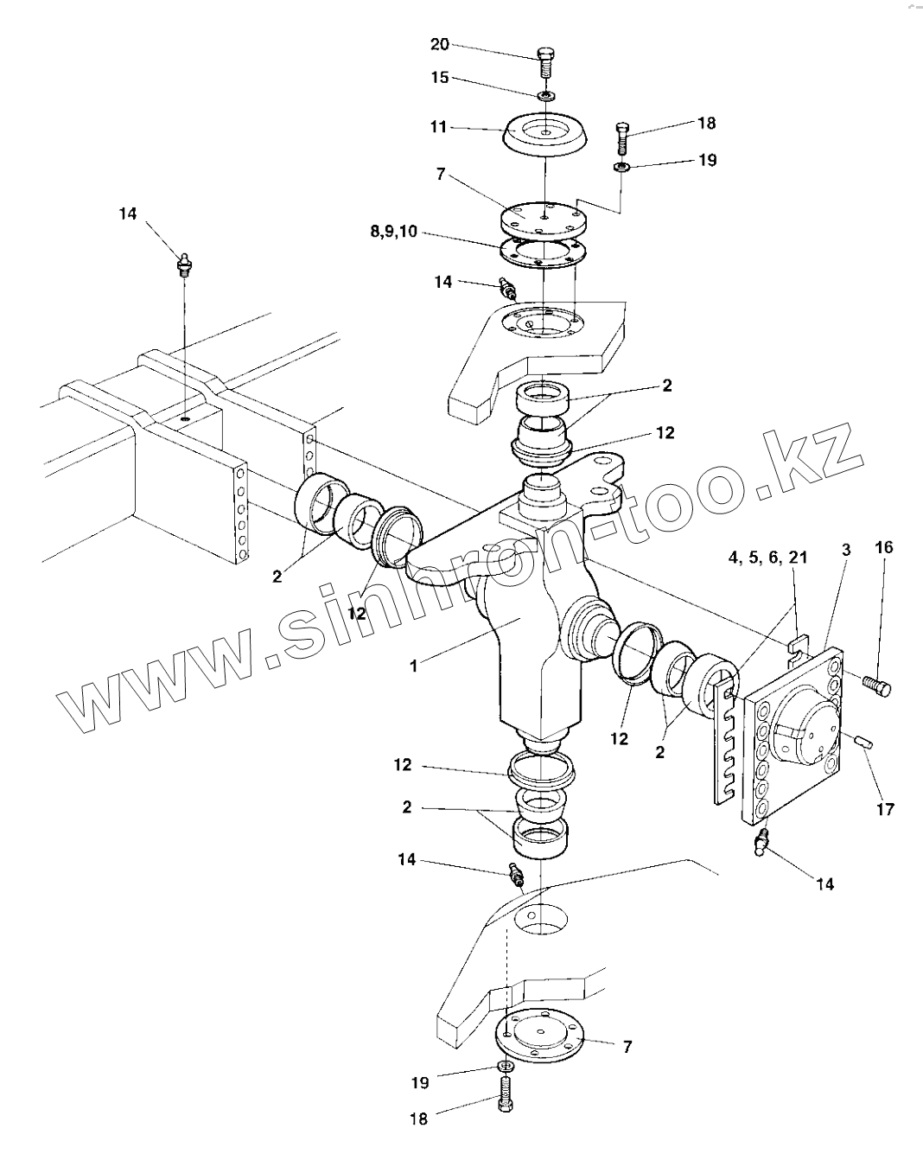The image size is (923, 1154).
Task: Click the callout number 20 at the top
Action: coord(440,44)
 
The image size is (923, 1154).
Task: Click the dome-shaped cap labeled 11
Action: coord(545,134)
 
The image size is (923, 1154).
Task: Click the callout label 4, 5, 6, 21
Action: coord(767,558)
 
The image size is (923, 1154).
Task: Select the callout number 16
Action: coord(882,547)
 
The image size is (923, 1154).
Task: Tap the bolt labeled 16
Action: coord(877,685)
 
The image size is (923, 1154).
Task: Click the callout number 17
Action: coord(884,809)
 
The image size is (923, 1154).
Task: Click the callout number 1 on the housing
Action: coord(413,666)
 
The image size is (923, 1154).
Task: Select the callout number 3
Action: coord(845,550)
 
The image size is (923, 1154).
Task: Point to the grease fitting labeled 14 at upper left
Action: coord(183,262)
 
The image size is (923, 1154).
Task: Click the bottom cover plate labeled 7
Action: coord(537,1036)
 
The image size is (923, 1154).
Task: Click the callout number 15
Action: coord(440,78)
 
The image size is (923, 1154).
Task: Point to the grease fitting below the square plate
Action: coord(761,843)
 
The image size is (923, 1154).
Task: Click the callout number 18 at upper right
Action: coord(706,123)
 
